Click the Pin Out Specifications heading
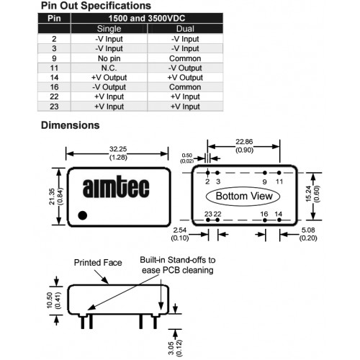click(96, 6)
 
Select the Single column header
click(109, 29)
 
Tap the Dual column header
click(185, 29)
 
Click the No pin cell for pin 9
click(109, 58)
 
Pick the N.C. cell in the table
click(109, 68)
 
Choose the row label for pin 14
click(54, 78)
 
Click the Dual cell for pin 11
click(185, 68)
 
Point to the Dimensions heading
click(71, 125)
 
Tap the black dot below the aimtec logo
click(83, 215)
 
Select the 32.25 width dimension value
click(118, 149)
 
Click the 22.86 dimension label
click(244, 142)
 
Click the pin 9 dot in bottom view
click(265, 173)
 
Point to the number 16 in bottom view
click(264, 214)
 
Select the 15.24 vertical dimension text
click(309, 194)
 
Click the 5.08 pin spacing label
click(308, 230)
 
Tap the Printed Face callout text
click(98, 263)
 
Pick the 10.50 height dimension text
click(50, 300)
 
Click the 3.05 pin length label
click(171, 348)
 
